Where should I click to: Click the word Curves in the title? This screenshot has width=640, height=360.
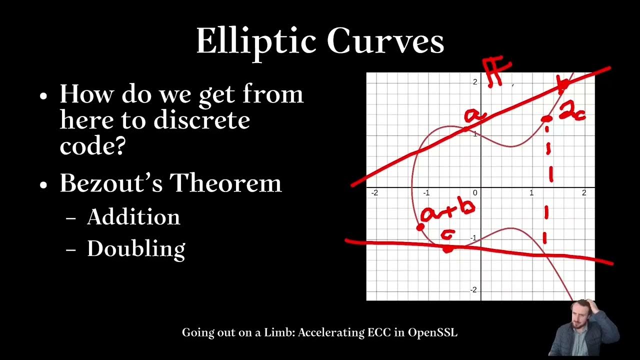386,41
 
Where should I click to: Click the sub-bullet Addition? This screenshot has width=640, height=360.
133,217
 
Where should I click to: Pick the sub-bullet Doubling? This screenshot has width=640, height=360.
136,248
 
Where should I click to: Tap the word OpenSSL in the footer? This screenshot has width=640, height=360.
432,332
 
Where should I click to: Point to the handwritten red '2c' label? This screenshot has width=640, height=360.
571,111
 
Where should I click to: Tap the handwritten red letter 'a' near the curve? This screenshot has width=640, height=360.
473,115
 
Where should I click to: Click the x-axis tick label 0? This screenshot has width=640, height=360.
475,193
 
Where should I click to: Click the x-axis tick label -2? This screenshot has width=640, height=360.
374,193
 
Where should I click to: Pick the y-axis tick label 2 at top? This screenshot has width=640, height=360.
474,82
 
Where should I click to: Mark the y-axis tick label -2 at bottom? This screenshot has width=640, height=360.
473,290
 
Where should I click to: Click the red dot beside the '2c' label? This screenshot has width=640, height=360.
546,119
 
